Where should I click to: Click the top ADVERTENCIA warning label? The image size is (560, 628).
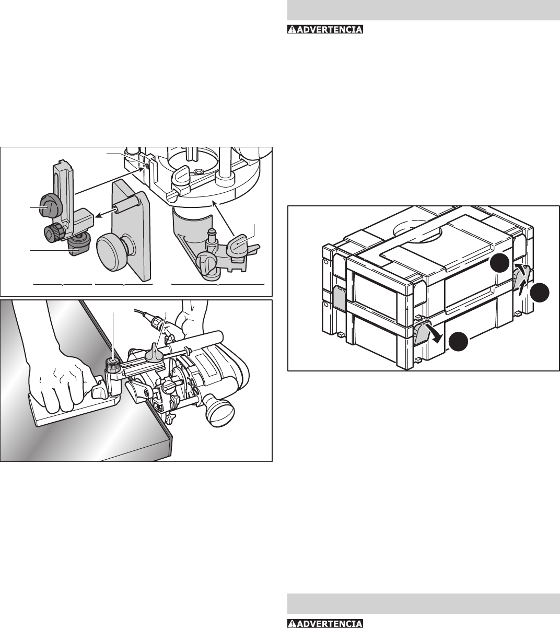(325, 29)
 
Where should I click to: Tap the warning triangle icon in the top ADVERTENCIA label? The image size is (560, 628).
(292, 29)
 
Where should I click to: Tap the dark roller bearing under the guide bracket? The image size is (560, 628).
(79, 247)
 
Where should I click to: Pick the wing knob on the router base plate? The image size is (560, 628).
(180, 176)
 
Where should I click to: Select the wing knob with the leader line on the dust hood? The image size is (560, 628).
(238, 245)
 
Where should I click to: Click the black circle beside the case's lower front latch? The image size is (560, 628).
(459, 341)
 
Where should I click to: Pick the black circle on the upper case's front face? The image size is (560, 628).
(500, 263)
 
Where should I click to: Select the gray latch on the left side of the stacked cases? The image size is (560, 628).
(339, 298)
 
